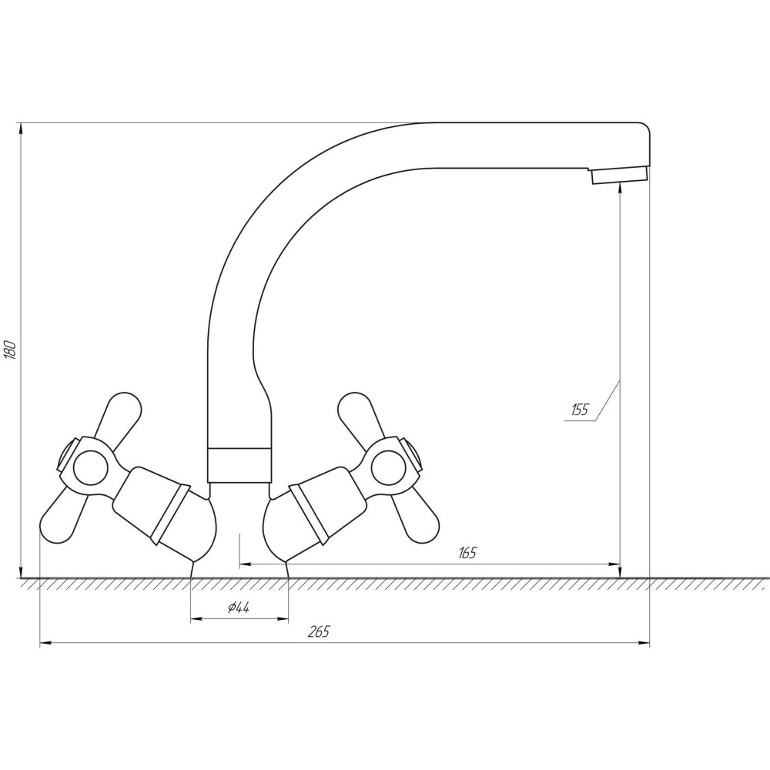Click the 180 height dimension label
[x=11, y=349]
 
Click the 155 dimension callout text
[x=580, y=410]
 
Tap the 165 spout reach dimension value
[x=467, y=553]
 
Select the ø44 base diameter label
[x=239, y=608]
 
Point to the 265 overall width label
[x=319, y=631]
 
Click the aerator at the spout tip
[x=619, y=174]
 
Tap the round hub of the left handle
[x=90, y=467]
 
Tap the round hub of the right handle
[x=388, y=467]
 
